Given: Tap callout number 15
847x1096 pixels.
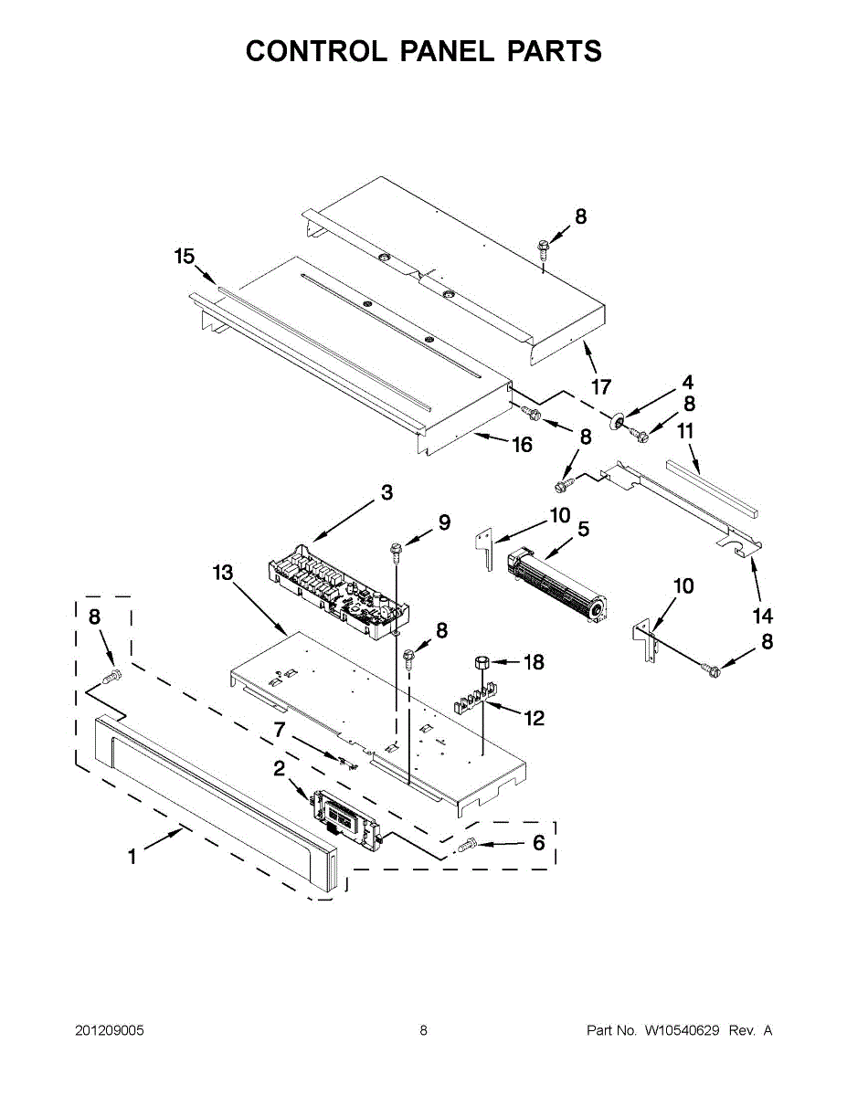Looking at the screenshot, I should tap(185, 257).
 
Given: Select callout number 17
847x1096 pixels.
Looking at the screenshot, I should tap(600, 387).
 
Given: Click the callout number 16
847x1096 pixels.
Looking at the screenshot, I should tap(522, 445).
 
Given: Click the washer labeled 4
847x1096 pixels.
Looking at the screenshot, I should tap(619, 420).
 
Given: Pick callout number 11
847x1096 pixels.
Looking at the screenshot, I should tap(685, 430).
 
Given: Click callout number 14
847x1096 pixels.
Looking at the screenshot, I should tap(762, 616).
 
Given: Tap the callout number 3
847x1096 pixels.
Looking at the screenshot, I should tap(386, 493).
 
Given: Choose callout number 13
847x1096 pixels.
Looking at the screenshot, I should tap(223, 573).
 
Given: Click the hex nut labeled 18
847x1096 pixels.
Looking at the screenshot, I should tap(483, 661).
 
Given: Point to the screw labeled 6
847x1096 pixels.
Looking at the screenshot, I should tap(466, 847).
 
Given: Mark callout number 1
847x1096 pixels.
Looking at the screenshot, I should tap(132, 857).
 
